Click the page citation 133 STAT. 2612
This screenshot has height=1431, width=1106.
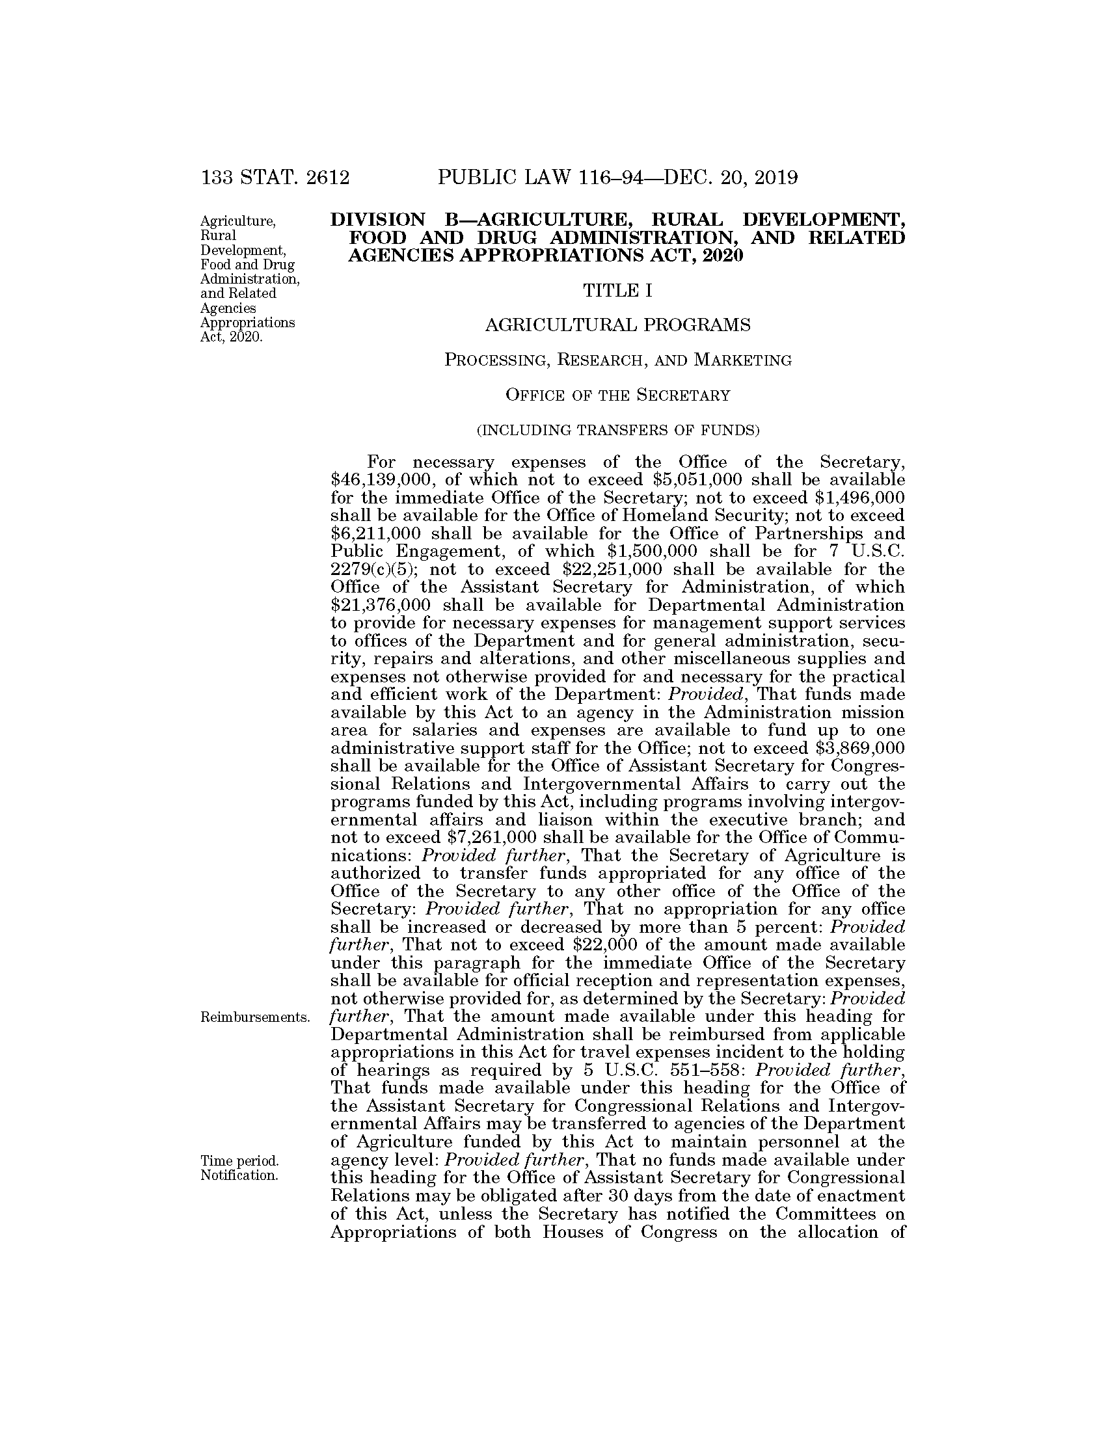click(275, 178)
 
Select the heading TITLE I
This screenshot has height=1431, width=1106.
click(617, 290)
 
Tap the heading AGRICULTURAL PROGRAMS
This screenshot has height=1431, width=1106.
click(617, 325)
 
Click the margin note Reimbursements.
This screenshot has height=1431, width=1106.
click(255, 1017)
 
